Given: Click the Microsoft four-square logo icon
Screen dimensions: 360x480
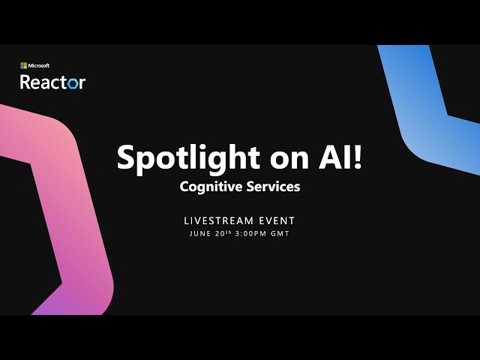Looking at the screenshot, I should (23, 66).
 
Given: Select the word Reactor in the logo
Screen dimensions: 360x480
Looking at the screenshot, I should (52, 81).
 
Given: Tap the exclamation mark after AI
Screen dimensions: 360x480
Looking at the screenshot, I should (357, 156).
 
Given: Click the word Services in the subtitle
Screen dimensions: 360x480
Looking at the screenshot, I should (273, 187).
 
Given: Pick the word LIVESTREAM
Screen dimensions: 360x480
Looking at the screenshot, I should (217, 220).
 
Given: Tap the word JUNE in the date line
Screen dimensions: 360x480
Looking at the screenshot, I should (200, 234).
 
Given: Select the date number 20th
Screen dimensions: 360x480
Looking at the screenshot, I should (223, 233).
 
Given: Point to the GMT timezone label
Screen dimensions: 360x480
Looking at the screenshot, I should (280, 234).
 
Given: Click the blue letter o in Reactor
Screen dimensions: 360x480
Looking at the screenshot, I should (72, 82).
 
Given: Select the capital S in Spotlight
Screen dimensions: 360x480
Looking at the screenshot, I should (126, 157).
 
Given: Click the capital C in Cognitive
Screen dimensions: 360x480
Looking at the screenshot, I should (184, 187).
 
